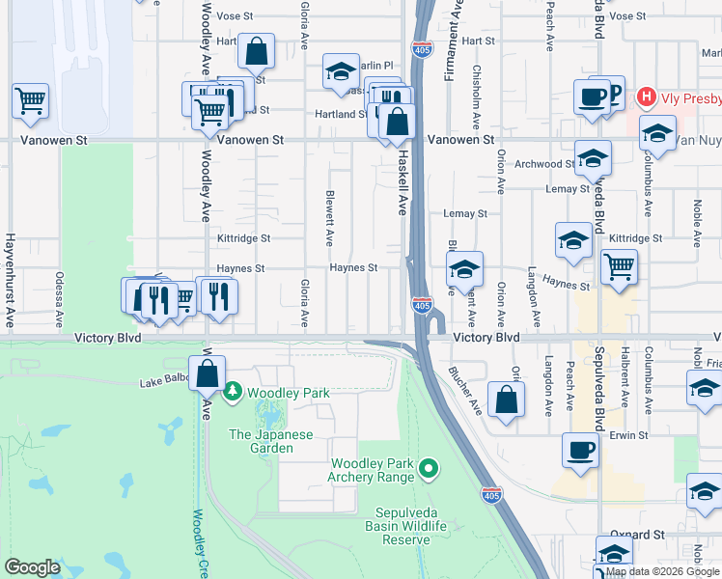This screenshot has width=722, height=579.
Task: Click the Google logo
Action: (33, 568)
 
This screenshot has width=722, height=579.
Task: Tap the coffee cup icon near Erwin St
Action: (581, 451)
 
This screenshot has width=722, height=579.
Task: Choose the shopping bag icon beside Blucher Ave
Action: (506, 400)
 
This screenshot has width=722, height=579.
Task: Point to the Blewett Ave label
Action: (329, 217)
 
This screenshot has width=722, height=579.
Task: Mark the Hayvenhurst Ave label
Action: (10, 281)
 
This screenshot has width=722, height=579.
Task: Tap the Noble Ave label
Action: (695, 220)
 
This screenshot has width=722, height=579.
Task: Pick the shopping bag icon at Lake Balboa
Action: (207, 372)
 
